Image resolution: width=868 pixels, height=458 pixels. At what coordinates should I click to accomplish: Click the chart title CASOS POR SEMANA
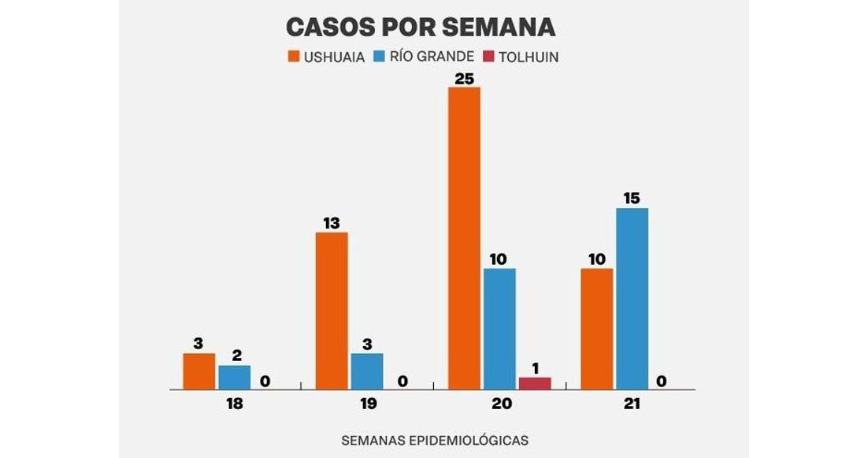coord(420,28)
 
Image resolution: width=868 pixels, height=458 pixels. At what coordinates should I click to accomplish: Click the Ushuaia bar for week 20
coord(464,238)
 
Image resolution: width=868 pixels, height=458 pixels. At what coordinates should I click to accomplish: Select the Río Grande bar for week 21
coord(632,299)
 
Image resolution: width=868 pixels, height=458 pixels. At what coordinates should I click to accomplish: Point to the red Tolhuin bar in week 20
coord(535,383)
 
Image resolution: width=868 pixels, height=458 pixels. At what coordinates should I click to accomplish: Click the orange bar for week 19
coord(331,311)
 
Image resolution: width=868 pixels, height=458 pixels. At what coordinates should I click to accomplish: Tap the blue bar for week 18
coord(234,378)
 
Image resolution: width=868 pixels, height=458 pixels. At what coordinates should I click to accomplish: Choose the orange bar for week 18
coord(198,371)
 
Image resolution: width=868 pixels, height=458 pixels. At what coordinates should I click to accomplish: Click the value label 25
coord(464,78)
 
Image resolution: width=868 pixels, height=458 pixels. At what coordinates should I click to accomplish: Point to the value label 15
coord(632,199)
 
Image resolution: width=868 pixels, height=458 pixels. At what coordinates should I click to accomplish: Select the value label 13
coord(331,223)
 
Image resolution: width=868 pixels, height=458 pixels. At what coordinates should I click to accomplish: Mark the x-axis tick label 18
coord(233,404)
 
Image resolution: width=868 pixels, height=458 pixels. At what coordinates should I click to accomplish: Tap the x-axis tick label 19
coord(366,404)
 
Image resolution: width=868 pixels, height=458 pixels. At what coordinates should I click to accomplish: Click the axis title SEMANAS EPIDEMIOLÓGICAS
coord(434,440)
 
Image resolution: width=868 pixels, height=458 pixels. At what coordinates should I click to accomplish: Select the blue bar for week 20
coord(499,329)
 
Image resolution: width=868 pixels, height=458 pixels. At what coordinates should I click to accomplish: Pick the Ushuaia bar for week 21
coord(596,329)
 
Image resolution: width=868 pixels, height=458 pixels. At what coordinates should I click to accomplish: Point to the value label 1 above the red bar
coord(535,368)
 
